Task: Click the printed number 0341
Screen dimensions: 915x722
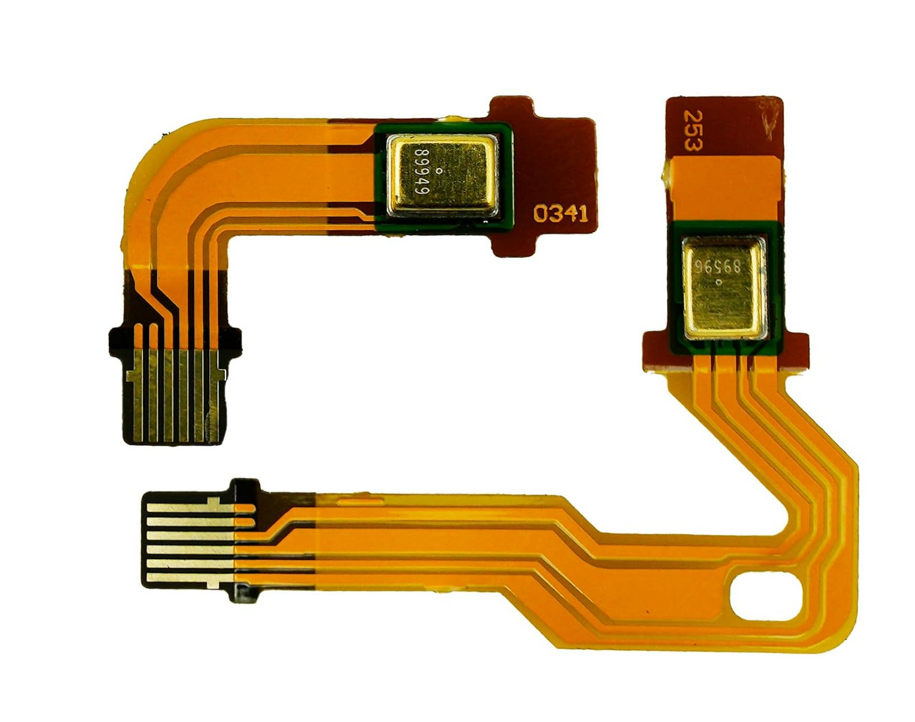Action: (x=560, y=214)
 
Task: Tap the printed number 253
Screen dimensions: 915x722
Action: (x=693, y=130)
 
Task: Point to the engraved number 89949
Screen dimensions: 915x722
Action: (x=422, y=172)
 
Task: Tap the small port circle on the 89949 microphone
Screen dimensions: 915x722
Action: (x=440, y=171)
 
